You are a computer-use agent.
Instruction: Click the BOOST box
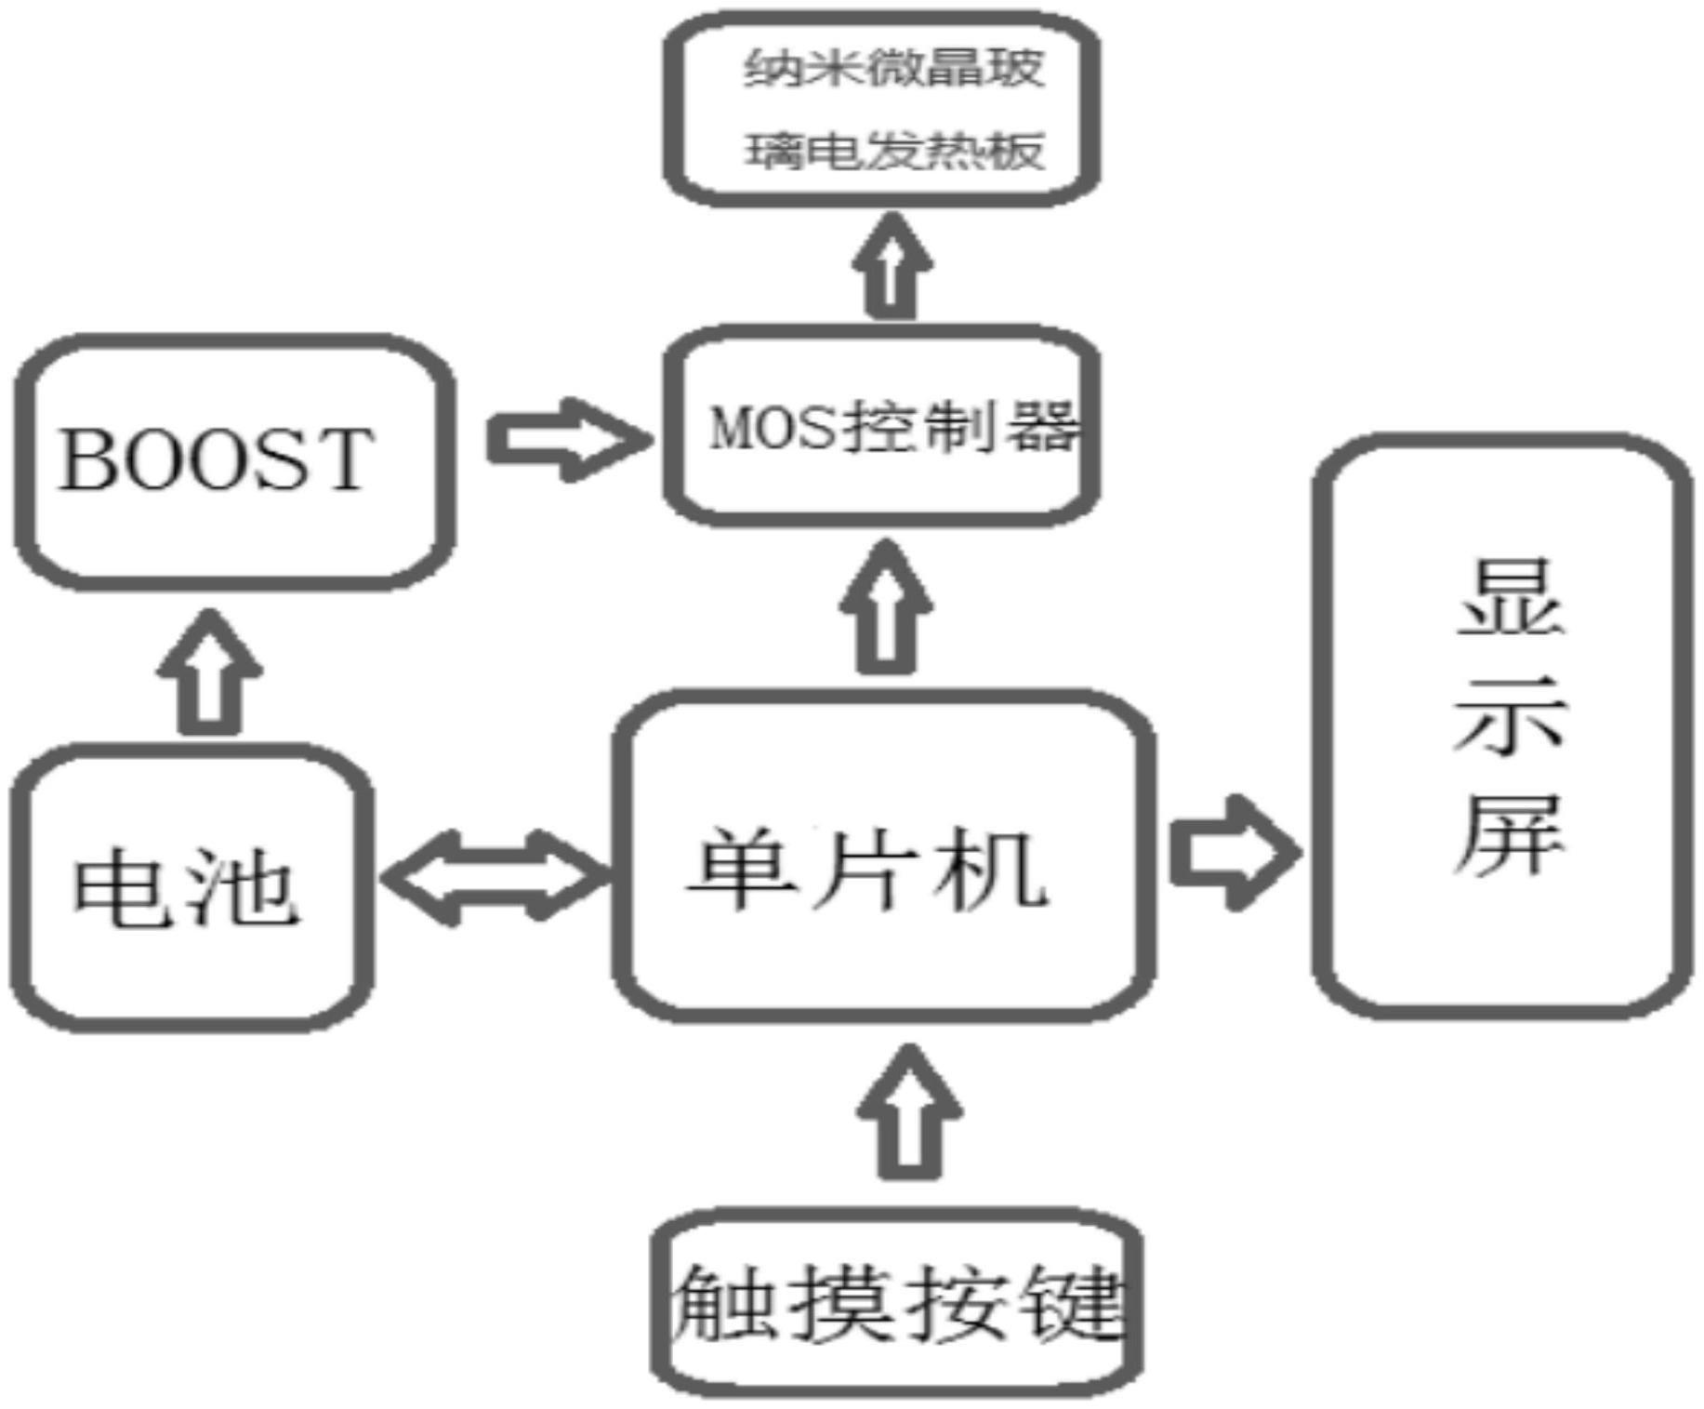click(x=234, y=461)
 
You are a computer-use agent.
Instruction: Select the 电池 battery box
click(x=192, y=887)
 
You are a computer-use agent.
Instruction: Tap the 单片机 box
click(x=884, y=856)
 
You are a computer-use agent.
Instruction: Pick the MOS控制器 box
click(x=882, y=426)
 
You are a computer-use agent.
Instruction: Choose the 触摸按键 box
click(x=897, y=1302)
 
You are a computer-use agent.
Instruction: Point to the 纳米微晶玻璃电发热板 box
click(x=882, y=109)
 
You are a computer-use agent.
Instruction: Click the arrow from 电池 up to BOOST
click(x=209, y=671)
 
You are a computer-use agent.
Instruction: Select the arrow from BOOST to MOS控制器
click(x=569, y=439)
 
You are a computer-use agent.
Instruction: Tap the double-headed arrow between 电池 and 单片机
click(x=495, y=877)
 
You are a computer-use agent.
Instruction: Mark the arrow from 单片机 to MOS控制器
click(x=885, y=606)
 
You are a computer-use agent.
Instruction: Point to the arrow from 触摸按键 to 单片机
click(x=909, y=1112)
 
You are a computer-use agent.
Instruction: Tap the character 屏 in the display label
click(x=1510, y=834)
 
